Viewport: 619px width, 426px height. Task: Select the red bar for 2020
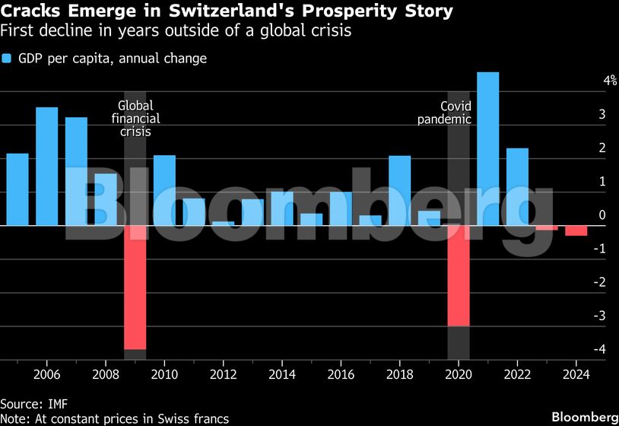coord(459,275)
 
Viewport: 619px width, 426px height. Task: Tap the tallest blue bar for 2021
coord(487,149)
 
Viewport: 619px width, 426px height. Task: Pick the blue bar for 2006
coord(47,167)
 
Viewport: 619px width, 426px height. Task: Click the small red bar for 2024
coord(576,230)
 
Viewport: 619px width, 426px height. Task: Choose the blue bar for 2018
coord(399,191)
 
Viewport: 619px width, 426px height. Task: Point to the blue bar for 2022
coord(517,187)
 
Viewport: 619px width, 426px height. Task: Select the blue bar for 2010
coord(164,191)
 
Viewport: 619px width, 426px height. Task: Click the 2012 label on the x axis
coord(223,374)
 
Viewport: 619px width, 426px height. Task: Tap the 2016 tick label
coord(341,374)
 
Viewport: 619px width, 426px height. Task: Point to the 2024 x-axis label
coord(576,374)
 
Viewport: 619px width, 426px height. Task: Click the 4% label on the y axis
coord(589,81)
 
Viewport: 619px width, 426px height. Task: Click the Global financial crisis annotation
coord(135,119)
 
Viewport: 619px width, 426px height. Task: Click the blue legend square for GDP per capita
coord(6,59)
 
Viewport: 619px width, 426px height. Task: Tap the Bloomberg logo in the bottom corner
coord(584,417)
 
